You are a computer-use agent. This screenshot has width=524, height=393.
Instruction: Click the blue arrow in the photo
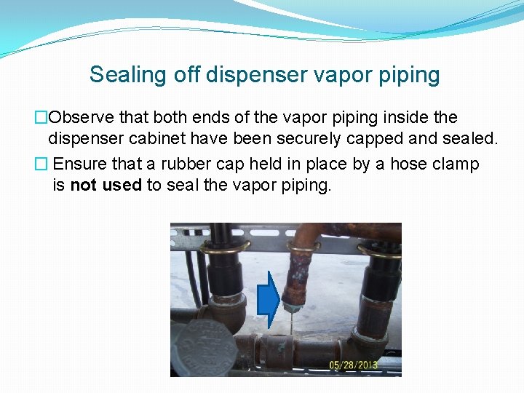point(270,299)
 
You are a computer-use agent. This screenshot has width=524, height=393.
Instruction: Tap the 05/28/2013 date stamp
point(353,365)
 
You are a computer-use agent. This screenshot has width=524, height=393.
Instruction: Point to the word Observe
point(80,117)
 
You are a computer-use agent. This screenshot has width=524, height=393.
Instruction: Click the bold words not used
point(106,185)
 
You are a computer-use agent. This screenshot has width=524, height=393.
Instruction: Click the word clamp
point(455,164)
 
